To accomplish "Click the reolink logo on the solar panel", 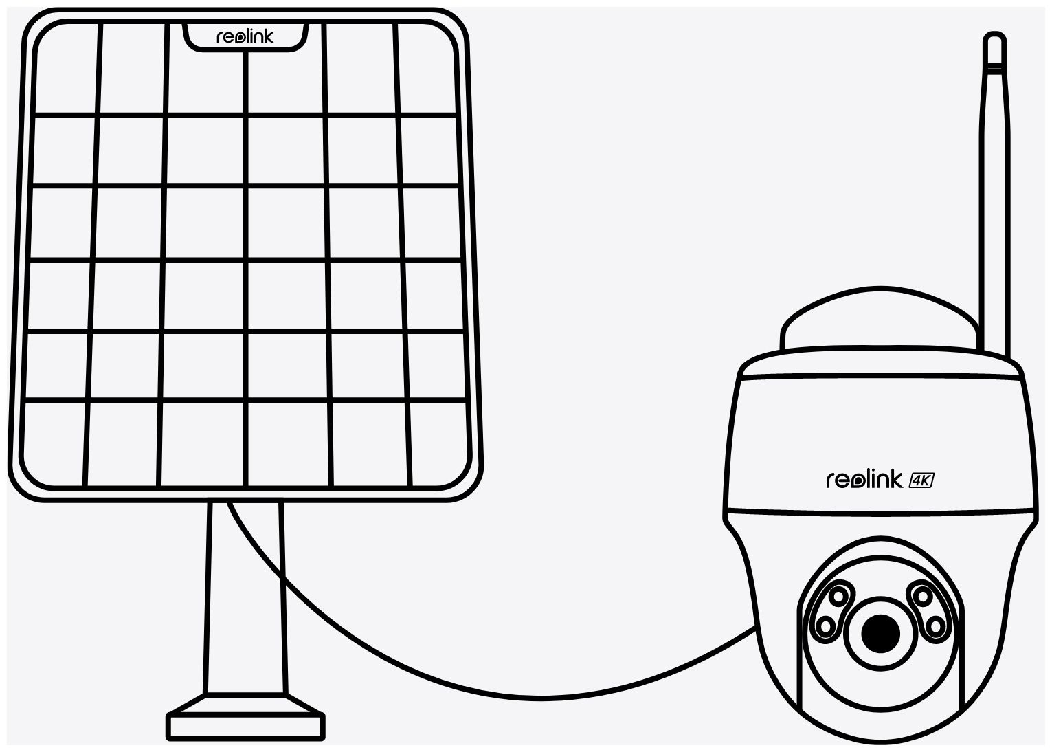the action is pyautogui.click(x=245, y=36).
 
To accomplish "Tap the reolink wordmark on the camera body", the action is pyautogui.click(x=864, y=480).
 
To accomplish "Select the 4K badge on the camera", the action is pyautogui.click(x=921, y=480).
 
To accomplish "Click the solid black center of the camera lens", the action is pyautogui.click(x=881, y=633).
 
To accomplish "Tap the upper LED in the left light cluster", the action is pyautogui.click(x=838, y=597).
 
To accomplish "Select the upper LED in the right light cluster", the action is pyautogui.click(x=923, y=597).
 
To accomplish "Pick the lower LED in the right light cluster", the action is pyautogui.click(x=935, y=626).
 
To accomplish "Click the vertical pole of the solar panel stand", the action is pyautogui.click(x=245, y=597).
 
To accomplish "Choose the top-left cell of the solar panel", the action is pyautogui.click(x=67, y=68).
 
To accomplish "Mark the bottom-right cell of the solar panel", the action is pyautogui.click(x=440, y=444).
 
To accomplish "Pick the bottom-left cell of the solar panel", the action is pyautogui.click(x=54, y=444).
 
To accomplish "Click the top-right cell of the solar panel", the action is pyautogui.click(x=427, y=68).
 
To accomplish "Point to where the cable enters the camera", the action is pyautogui.click(x=754, y=628).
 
